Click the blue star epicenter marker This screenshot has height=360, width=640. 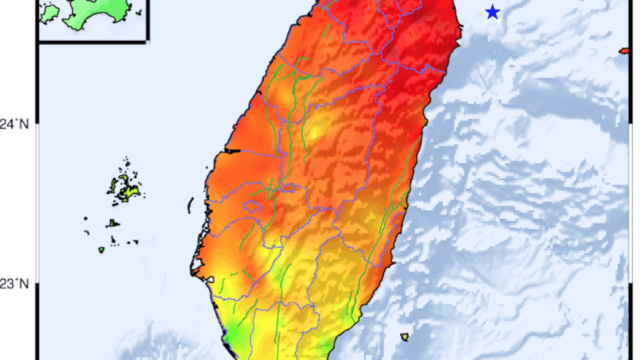point(493,12)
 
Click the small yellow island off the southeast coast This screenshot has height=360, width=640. point(405,337)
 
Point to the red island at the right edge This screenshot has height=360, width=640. point(624,51)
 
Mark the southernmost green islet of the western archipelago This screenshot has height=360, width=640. point(101,250)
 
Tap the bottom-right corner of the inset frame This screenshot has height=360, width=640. point(147,41)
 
